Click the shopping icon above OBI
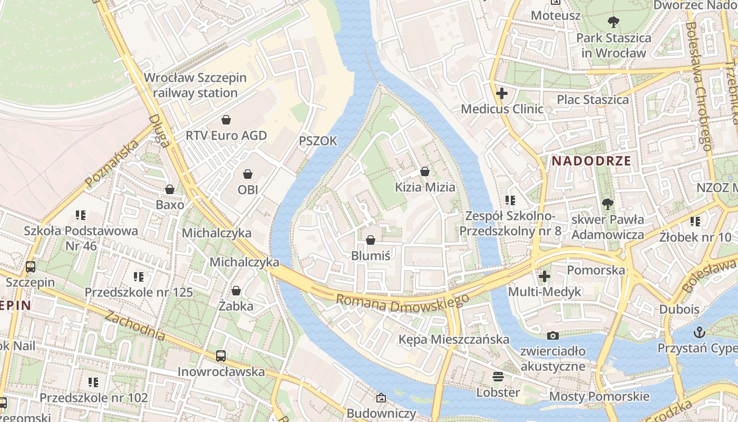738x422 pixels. point(248,174)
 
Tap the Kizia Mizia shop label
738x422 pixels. point(425,187)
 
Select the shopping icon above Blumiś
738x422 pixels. point(371,241)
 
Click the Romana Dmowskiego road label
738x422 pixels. point(402,303)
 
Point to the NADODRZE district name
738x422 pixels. point(591,161)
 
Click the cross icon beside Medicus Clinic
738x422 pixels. point(502,94)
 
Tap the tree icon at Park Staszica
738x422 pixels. point(613,22)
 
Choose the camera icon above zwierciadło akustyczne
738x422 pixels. point(552,335)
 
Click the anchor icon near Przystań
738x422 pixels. point(700,332)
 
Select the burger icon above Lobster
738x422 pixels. point(498,377)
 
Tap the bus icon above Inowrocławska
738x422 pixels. point(221,356)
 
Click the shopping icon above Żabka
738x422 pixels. point(236,291)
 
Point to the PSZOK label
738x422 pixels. point(317,141)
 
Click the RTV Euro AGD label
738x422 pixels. point(226,136)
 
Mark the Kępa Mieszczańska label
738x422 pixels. point(454,339)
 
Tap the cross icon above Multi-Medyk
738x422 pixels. point(544,276)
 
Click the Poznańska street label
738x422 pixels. point(111,164)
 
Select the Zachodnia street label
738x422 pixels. point(135,325)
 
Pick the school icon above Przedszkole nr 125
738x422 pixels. point(139,276)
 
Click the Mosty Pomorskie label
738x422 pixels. point(599,396)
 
